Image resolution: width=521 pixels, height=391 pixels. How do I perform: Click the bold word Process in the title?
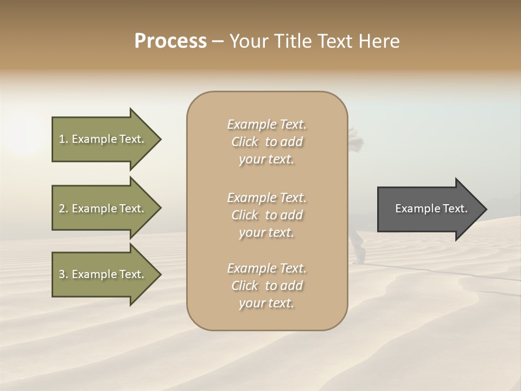(x=170, y=41)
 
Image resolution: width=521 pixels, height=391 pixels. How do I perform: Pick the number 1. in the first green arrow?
(x=63, y=139)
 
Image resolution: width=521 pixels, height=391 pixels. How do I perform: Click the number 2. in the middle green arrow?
(x=63, y=209)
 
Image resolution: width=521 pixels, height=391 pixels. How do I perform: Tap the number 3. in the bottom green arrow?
(x=63, y=274)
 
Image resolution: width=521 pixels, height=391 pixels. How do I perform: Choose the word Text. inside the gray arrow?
(x=454, y=209)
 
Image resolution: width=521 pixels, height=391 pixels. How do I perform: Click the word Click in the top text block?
(x=245, y=142)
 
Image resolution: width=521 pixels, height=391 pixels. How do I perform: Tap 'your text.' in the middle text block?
(x=266, y=232)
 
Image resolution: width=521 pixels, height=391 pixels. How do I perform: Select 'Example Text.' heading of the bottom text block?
(x=266, y=268)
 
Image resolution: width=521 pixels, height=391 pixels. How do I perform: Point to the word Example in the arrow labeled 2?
(x=93, y=209)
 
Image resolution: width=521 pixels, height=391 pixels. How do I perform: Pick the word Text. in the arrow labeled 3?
(x=131, y=274)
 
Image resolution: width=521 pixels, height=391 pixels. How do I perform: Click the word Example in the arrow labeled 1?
(x=93, y=139)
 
